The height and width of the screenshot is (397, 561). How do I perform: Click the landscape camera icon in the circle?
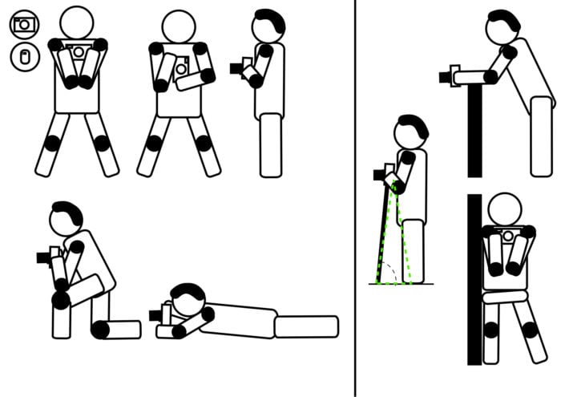click(24, 23)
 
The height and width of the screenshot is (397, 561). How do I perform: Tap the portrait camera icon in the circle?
click(24, 57)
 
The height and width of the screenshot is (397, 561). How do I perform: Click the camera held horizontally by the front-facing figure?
click(78, 52)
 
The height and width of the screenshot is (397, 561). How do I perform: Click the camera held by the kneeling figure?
click(46, 257)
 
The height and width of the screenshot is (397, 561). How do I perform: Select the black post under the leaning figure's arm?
click(474, 128)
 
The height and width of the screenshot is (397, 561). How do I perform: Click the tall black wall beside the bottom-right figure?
click(474, 281)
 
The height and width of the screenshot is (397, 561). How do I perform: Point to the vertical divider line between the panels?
click(355, 201)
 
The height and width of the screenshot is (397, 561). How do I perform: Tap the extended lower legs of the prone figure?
click(306, 326)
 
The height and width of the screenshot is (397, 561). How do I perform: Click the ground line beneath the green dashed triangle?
click(401, 284)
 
